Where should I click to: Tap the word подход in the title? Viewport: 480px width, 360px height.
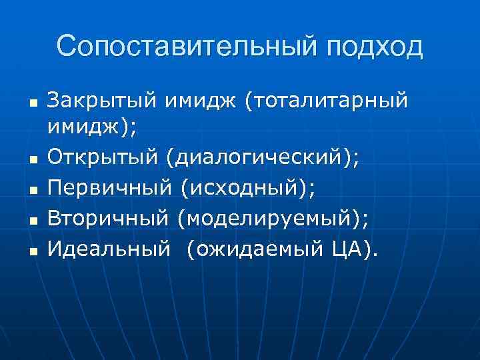[375, 48]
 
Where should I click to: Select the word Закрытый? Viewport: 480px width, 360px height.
[99, 102]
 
